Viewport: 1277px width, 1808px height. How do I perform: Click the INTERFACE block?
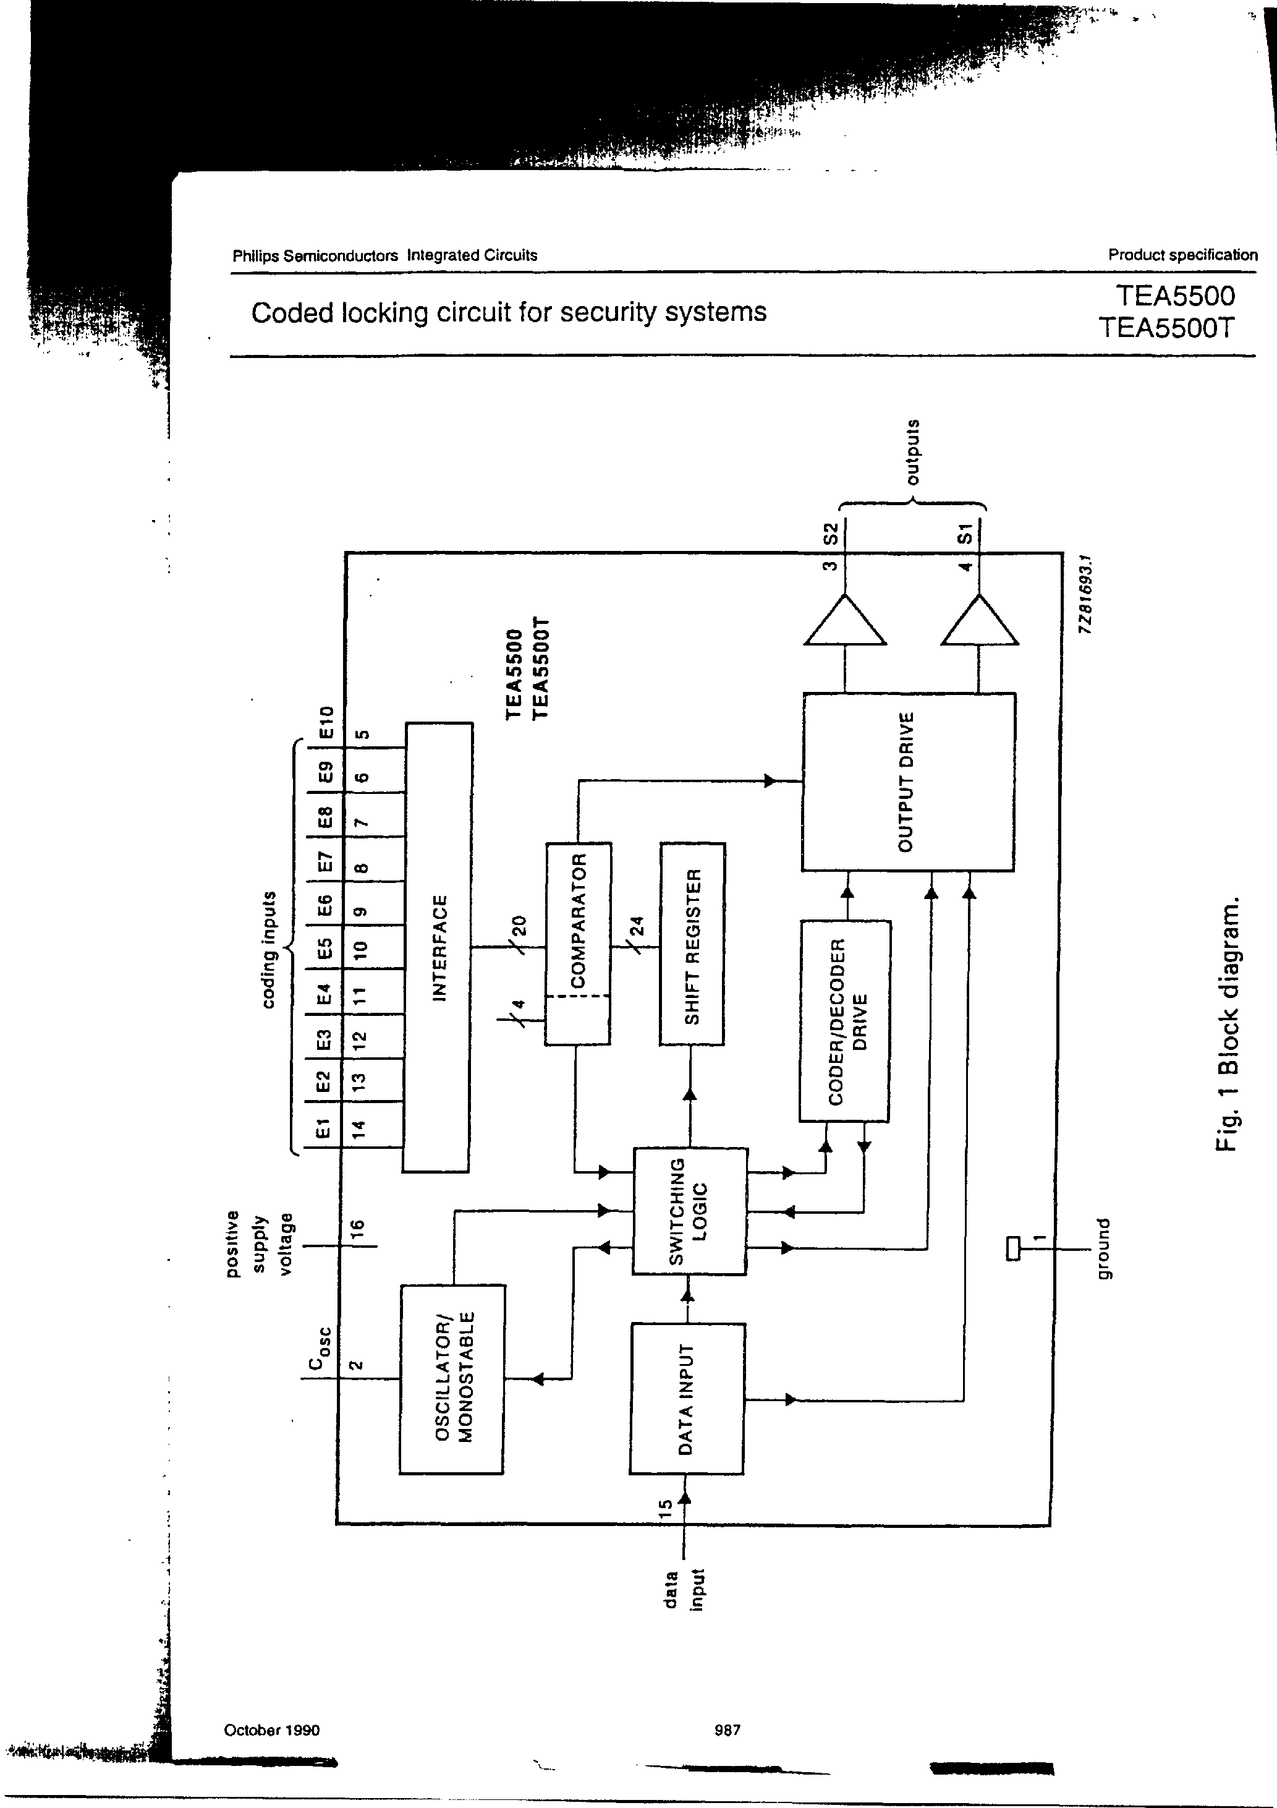(438, 947)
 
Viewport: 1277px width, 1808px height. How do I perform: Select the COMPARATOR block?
(578, 944)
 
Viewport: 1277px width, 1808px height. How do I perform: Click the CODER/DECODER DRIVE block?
(845, 1020)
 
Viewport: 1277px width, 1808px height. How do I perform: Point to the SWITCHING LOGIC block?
(690, 1211)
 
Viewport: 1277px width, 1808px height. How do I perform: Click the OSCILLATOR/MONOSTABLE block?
(452, 1379)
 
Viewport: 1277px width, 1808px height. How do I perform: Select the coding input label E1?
(322, 1129)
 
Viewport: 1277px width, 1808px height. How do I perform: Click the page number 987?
(727, 1730)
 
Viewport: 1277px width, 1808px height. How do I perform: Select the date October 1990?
(271, 1730)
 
